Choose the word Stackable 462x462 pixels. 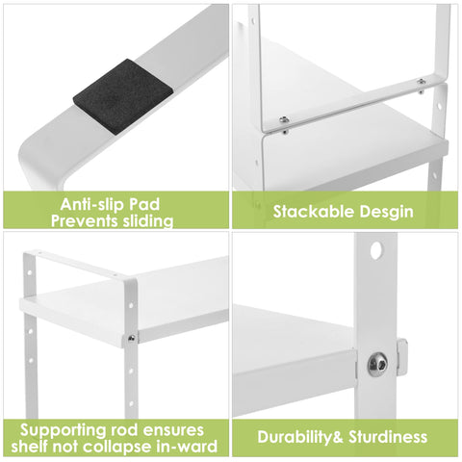click(x=310, y=212)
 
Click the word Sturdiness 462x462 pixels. click(x=388, y=437)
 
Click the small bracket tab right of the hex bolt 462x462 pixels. click(x=402, y=357)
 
